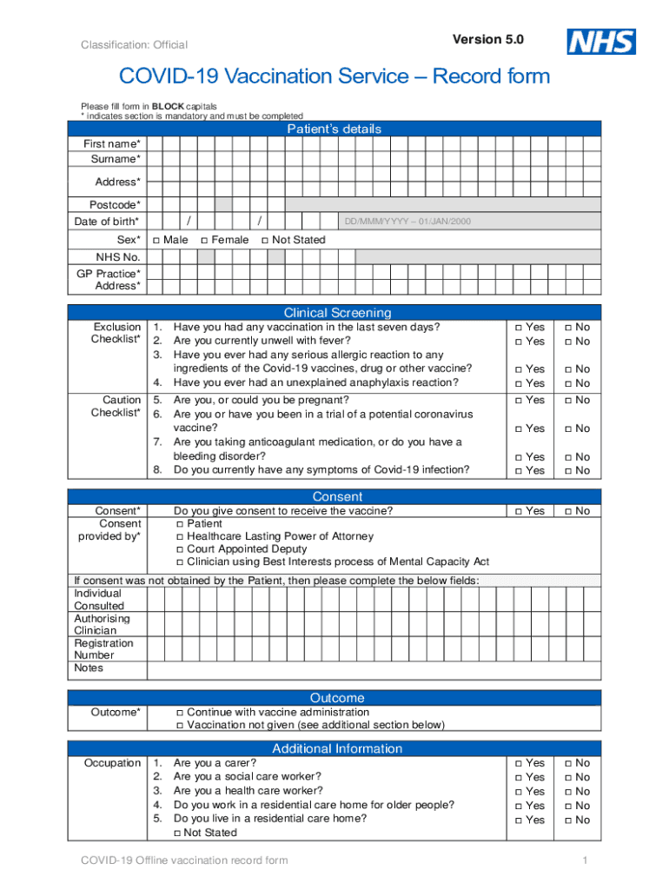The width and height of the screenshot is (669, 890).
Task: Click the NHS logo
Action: (601, 42)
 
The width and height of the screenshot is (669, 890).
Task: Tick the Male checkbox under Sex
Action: (156, 240)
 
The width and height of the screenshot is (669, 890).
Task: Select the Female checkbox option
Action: (204, 240)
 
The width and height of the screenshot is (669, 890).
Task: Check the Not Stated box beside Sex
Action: (265, 240)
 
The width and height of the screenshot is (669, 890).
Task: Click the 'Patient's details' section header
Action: (334, 130)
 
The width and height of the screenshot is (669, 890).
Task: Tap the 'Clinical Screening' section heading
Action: (337, 313)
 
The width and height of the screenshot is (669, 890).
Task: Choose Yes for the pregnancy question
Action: (518, 401)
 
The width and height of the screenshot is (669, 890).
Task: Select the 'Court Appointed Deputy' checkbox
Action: (180, 550)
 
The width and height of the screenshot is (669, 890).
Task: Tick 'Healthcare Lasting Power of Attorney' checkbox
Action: (180, 537)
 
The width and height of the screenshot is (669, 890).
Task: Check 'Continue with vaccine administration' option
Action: (180, 713)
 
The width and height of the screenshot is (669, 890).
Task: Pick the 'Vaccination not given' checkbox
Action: (180, 726)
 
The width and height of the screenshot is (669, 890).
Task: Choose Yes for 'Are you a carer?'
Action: (518, 764)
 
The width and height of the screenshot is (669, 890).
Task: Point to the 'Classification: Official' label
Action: (134, 45)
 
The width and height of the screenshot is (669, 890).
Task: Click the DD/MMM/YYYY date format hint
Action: (407, 222)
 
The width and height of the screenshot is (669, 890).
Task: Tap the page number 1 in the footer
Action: (586, 860)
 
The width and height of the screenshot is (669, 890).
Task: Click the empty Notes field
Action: (374, 668)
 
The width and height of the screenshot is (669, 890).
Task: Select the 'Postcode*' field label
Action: (114, 205)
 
